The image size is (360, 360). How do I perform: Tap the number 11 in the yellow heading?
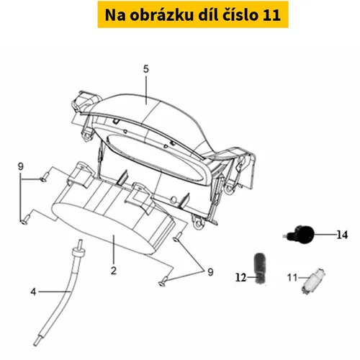coord(271,15)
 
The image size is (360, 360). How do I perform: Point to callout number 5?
coord(146,69)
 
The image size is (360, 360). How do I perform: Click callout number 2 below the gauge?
coord(114,271)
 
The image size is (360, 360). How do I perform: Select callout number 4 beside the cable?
coord(33,292)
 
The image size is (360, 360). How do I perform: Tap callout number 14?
coord(342,235)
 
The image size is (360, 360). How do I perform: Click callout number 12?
coord(241,278)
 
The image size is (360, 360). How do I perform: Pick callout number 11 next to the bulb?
coord(292,278)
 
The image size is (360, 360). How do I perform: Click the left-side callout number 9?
coord(21,166)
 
